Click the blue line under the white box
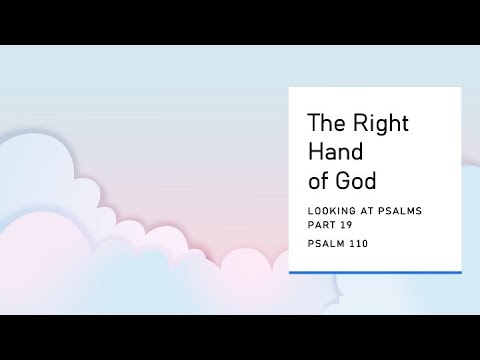(x=375, y=271)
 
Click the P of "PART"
(x=309, y=226)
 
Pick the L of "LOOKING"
(x=309, y=213)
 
